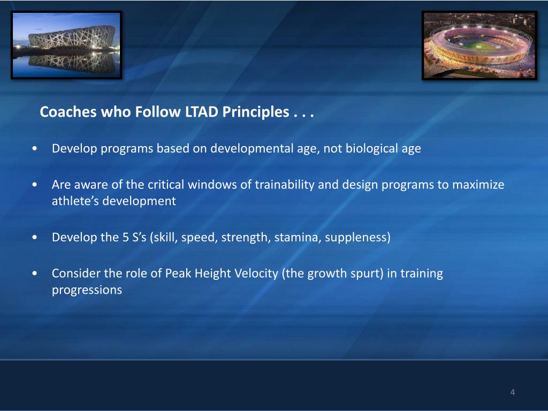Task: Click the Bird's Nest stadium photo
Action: [66, 45]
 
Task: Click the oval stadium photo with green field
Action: [479, 45]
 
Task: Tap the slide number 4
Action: [512, 392]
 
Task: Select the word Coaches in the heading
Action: [68, 112]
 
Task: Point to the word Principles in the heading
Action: [256, 112]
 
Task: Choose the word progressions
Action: [87, 290]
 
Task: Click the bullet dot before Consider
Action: [34, 273]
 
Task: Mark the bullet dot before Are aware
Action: [34, 185]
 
